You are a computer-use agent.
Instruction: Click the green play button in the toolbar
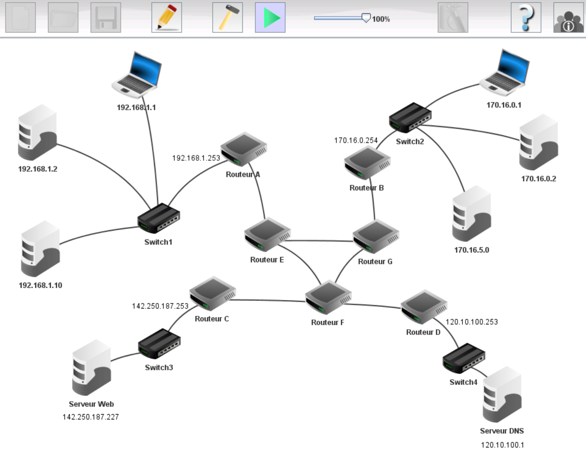pyautogui.click(x=270, y=18)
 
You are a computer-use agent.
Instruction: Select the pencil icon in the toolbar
pyautogui.click(x=167, y=18)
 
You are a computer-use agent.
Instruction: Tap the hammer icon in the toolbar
pyautogui.click(x=227, y=18)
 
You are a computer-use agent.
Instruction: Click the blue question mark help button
pyautogui.click(x=526, y=18)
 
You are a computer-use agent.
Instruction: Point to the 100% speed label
pyautogui.click(x=381, y=19)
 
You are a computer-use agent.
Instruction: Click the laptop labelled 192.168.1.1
pyautogui.click(x=137, y=74)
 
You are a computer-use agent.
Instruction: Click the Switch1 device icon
pyautogui.click(x=159, y=218)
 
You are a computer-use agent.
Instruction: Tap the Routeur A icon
pyautogui.click(x=244, y=149)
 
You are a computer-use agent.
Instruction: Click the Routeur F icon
pyautogui.click(x=328, y=297)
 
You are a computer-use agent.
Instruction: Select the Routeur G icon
pyautogui.click(x=376, y=236)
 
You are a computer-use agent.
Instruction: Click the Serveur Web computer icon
pyautogui.click(x=91, y=367)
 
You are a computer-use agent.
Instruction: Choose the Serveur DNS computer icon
pyautogui.click(x=502, y=394)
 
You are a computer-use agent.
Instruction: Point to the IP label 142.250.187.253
pyautogui.click(x=160, y=306)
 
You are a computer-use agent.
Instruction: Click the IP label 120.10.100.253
pyautogui.click(x=471, y=322)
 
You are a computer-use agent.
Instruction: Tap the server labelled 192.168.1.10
pyautogui.click(x=40, y=249)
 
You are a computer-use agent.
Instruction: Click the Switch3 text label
pyautogui.click(x=159, y=367)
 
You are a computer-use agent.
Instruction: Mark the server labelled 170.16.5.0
pyautogui.click(x=471, y=214)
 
